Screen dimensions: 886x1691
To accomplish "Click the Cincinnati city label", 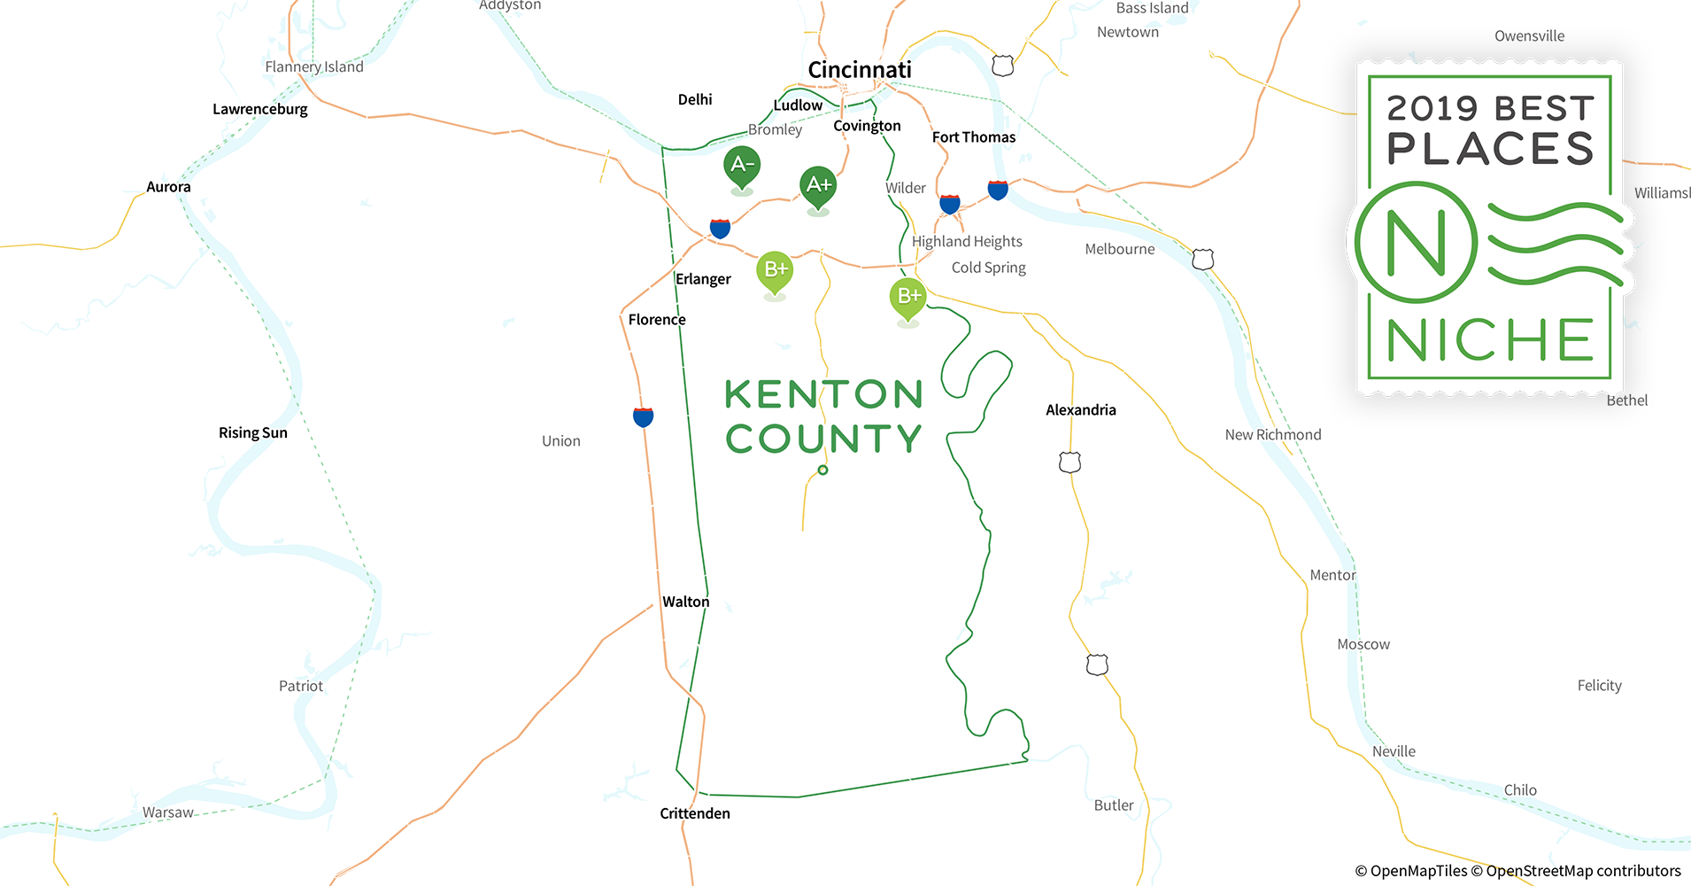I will click(x=859, y=70).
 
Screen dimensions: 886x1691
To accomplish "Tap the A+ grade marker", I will click(x=818, y=185).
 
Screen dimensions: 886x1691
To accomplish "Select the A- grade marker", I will click(x=742, y=165).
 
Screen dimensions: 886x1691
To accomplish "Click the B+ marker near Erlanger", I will click(x=775, y=269).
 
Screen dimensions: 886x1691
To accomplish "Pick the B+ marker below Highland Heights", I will click(x=907, y=296).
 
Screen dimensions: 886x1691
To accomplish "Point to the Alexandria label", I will click(x=1080, y=410).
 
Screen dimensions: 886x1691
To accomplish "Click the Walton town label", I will click(x=685, y=602).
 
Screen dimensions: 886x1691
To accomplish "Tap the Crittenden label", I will click(x=695, y=813).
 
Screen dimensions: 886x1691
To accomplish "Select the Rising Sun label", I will click(x=253, y=433).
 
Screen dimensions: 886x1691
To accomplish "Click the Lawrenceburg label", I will click(x=260, y=110).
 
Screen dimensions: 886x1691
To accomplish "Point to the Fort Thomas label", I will click(x=974, y=137).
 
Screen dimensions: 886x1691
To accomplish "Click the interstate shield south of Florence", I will click(x=644, y=416).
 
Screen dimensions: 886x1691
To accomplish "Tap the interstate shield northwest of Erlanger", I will click(x=721, y=229).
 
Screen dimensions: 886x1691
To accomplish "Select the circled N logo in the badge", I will click(x=1416, y=242).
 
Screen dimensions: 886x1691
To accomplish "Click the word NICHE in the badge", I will click(x=1490, y=341).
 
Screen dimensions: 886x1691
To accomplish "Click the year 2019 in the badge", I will click(x=1432, y=109).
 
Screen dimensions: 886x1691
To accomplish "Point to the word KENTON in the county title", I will click(x=823, y=395).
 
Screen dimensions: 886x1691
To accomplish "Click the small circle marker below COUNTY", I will click(x=823, y=470).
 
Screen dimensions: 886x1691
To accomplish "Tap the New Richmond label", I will click(x=1272, y=435).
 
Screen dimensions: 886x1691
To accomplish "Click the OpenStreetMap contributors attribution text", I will click(x=1583, y=871).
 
